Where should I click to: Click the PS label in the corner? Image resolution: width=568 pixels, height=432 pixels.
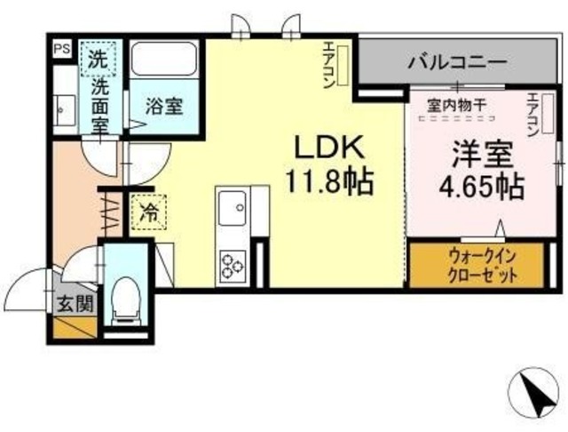pos(61,49)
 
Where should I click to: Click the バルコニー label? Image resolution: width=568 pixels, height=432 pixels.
pos(458,63)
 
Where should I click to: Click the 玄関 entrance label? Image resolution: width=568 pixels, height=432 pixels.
pos(75,304)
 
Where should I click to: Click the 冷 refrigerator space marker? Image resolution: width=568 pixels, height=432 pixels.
pos(147,213)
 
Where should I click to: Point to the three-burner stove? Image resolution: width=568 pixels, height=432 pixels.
pos(233,263)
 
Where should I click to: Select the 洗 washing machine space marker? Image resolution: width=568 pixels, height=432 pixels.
pos(96,60)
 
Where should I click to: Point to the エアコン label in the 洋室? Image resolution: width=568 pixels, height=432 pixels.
pos(533,116)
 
